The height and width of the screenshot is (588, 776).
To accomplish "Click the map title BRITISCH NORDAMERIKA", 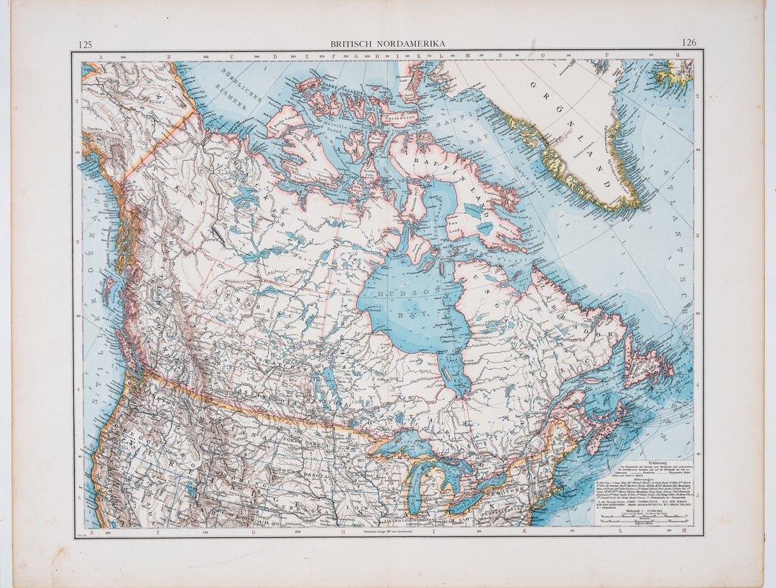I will [387, 44].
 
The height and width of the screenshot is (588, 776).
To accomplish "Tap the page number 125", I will [85, 44].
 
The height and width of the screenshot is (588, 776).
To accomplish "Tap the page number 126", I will [688, 43].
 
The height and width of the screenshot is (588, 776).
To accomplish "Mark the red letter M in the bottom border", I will [683, 531].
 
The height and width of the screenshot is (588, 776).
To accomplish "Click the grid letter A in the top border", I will [101, 55].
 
